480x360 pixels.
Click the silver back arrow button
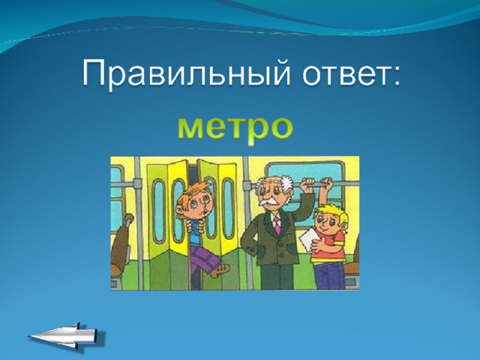click(67, 337)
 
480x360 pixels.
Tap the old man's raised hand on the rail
click(306, 184)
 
